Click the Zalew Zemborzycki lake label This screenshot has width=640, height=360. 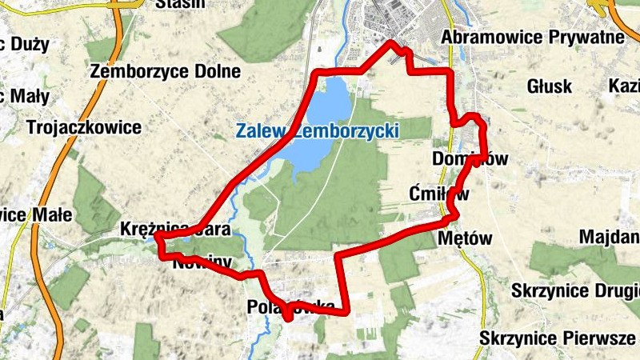pos(317,130)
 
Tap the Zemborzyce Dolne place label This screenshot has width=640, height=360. pos(166,71)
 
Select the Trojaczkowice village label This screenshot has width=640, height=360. pos(83,127)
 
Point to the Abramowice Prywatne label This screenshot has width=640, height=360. pos(532,38)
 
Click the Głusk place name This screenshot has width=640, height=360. pos(550,86)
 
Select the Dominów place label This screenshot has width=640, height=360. pos(470,158)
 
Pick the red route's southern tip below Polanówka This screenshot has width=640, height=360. pos(286,318)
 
